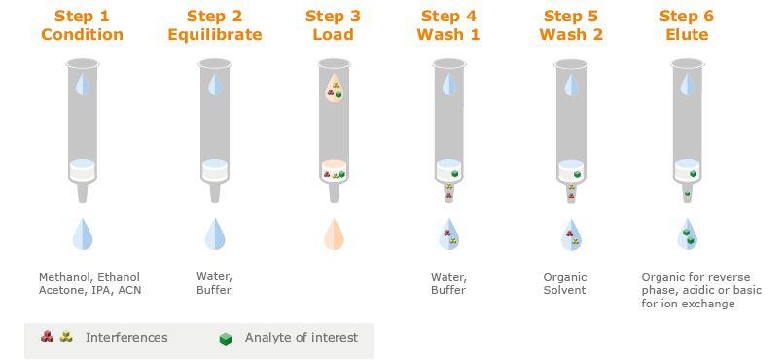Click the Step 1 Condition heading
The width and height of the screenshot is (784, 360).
[x=83, y=26]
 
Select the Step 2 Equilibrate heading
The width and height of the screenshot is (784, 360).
[x=215, y=26]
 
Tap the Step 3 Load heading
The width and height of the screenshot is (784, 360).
[x=333, y=26]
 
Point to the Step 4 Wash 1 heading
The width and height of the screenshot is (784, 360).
[x=447, y=26]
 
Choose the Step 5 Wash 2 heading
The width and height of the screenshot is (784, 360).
[x=570, y=26]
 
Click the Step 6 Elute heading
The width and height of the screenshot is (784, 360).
[x=687, y=26]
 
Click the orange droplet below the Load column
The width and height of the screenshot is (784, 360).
[x=334, y=234]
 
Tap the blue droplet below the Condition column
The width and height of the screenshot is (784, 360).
[x=83, y=234]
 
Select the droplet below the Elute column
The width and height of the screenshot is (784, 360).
[x=687, y=234]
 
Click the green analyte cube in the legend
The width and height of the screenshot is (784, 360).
[x=226, y=339]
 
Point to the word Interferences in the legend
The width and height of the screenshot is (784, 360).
[x=126, y=338]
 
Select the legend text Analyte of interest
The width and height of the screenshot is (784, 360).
[x=301, y=338]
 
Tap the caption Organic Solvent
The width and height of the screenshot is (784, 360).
[x=565, y=283]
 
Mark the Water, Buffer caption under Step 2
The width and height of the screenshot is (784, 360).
[x=214, y=283]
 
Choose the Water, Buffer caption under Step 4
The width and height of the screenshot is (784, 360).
[x=448, y=283]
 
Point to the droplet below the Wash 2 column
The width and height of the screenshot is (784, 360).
[x=570, y=234]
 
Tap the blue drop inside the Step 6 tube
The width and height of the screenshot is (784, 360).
[x=687, y=85]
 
